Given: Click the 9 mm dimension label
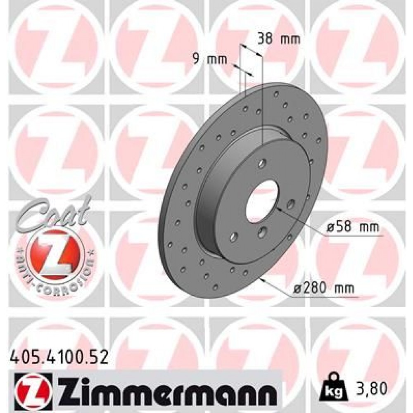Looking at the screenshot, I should coord(210,59).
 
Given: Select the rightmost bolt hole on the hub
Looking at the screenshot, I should coord(291,203).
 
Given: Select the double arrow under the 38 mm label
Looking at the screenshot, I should coord(252,51).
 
